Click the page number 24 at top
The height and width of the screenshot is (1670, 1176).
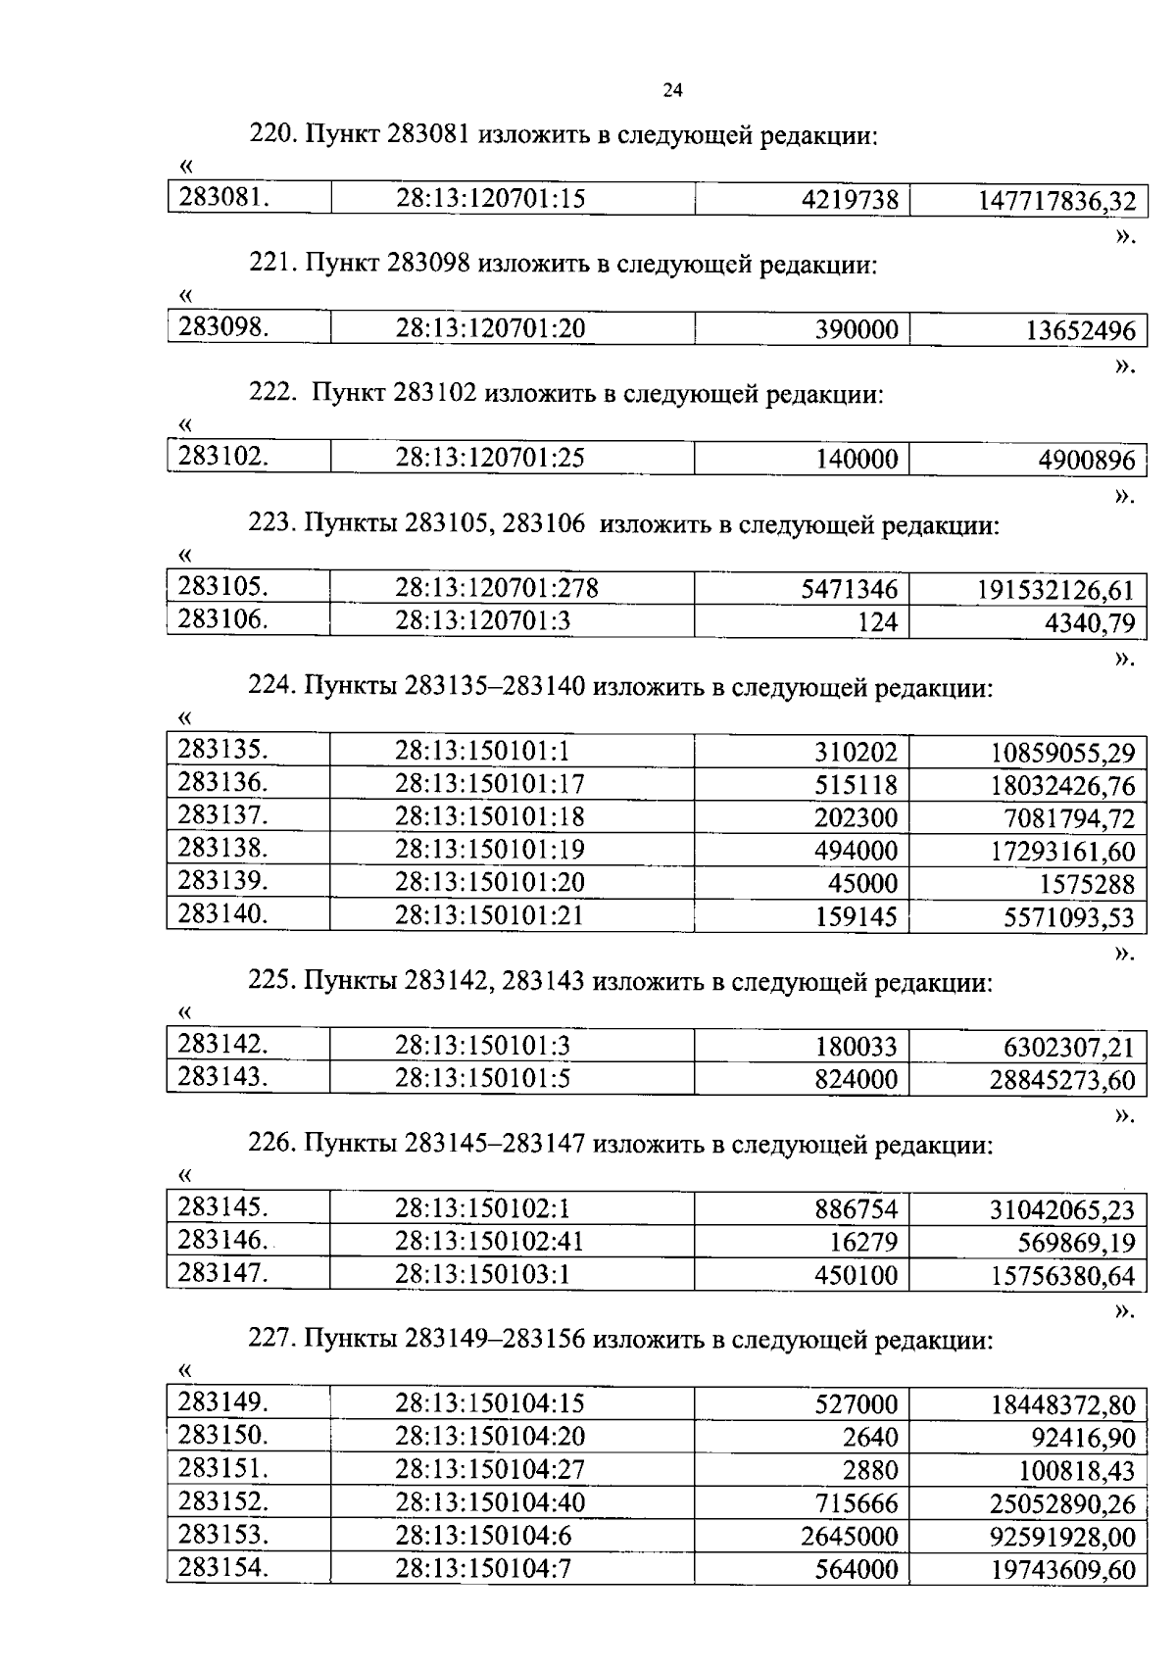[x=672, y=91]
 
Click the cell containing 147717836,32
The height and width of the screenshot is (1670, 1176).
[x=1056, y=202]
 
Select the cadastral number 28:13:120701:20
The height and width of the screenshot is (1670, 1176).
[x=490, y=328]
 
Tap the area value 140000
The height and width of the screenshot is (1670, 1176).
[x=857, y=460]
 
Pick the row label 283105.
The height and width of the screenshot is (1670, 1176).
[x=222, y=587]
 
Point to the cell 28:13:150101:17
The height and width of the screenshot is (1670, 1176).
[x=490, y=784]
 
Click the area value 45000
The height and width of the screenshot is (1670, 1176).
[x=863, y=884]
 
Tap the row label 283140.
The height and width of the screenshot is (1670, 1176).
[x=222, y=914]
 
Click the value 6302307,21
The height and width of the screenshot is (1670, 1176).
[x=1068, y=1048]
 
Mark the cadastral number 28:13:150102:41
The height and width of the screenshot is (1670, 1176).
[x=489, y=1242]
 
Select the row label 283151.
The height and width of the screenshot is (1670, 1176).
[x=222, y=1468]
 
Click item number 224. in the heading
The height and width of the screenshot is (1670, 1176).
[x=271, y=687]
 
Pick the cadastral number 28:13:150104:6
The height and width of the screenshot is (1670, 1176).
[x=483, y=1535]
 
